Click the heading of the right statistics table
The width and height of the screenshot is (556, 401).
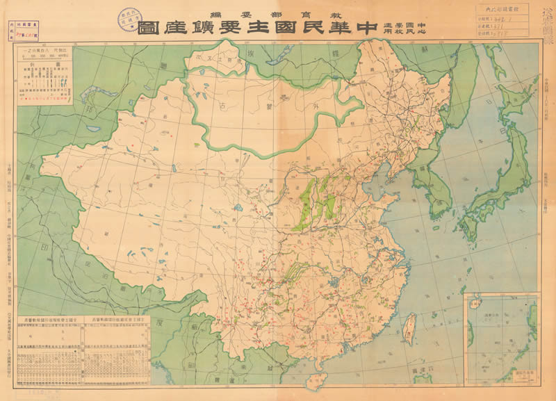(117, 314)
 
